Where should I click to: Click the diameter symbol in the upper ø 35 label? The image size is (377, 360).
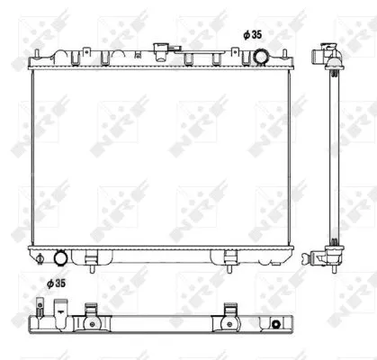click(x=246, y=34)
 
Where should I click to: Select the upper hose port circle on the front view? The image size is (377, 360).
click(x=260, y=58)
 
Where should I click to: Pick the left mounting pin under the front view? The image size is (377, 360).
click(x=93, y=265)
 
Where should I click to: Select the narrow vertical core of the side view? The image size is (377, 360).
click(x=333, y=157)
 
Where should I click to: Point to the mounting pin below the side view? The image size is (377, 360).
click(x=334, y=270)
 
